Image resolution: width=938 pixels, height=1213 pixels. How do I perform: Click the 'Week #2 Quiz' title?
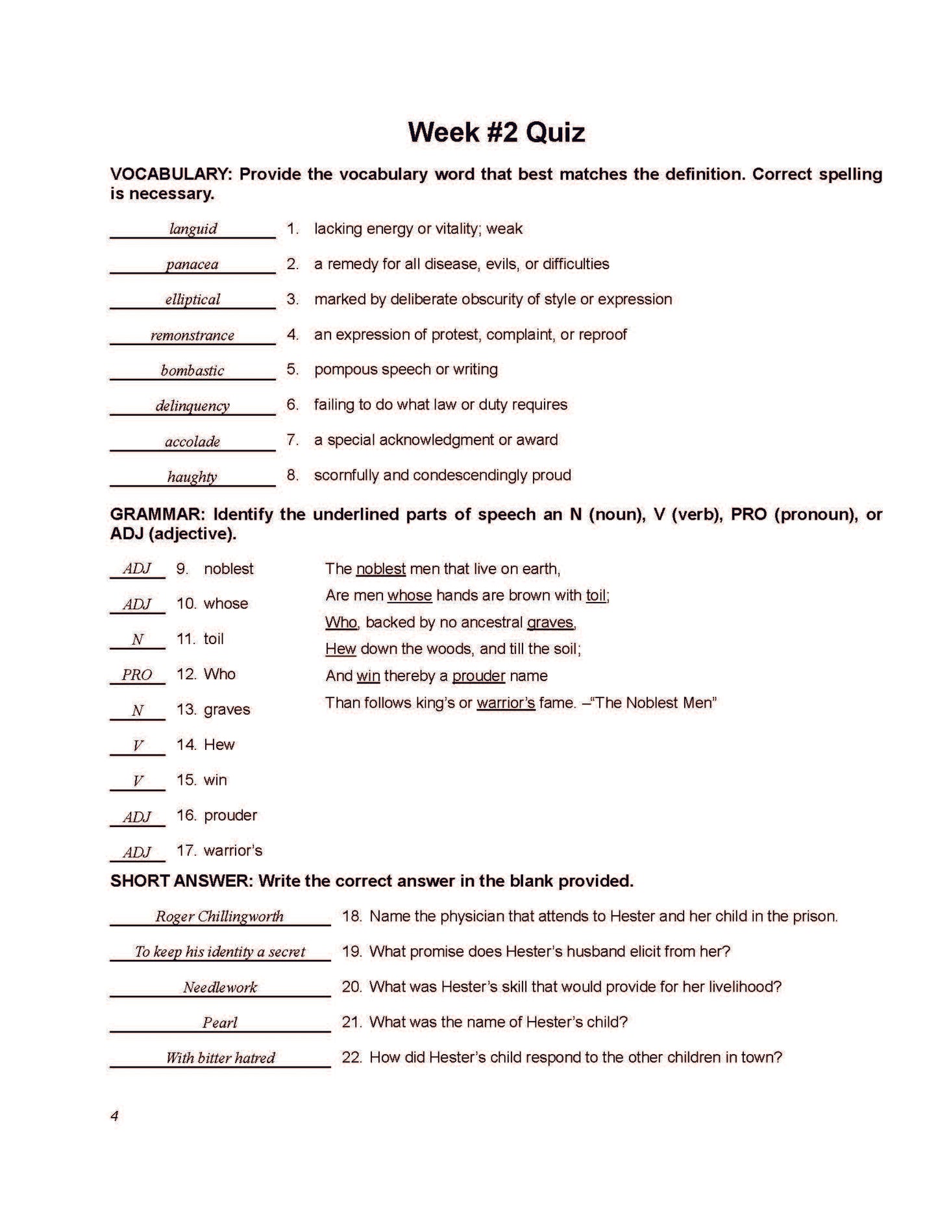pyautogui.click(x=496, y=132)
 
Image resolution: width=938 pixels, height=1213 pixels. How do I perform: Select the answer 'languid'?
pyautogui.click(x=193, y=229)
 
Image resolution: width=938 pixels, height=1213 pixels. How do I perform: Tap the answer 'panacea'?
pyautogui.click(x=192, y=265)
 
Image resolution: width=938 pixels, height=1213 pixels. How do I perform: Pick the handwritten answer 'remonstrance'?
pyautogui.click(x=192, y=335)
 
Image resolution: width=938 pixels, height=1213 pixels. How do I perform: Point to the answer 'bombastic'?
pyautogui.click(x=192, y=370)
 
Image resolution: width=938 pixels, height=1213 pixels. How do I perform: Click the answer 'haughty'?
pyautogui.click(x=192, y=477)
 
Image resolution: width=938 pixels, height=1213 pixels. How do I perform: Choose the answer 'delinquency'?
pyautogui.click(x=192, y=406)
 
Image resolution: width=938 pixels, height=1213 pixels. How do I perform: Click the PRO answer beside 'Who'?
pyautogui.click(x=137, y=675)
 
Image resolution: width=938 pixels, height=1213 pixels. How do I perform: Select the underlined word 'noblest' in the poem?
pyautogui.click(x=381, y=569)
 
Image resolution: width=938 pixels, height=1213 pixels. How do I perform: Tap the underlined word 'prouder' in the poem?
pyautogui.click(x=478, y=676)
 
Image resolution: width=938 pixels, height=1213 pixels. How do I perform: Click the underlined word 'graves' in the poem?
pyautogui.click(x=550, y=623)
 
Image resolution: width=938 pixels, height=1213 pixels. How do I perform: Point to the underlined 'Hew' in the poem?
pyautogui.click(x=341, y=649)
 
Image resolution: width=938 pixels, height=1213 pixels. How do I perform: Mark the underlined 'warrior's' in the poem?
pyautogui.click(x=506, y=703)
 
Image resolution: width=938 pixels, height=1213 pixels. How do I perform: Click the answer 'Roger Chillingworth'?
pyautogui.click(x=219, y=917)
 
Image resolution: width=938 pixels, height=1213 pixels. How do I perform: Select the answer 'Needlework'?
pyautogui.click(x=219, y=987)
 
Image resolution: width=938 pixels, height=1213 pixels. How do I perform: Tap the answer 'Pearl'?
pyautogui.click(x=219, y=1023)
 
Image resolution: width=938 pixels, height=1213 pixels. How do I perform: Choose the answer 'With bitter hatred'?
pyautogui.click(x=220, y=1058)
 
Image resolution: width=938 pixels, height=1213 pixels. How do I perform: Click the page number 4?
pyautogui.click(x=115, y=1116)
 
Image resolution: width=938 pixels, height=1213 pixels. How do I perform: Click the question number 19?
pyautogui.click(x=352, y=952)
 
